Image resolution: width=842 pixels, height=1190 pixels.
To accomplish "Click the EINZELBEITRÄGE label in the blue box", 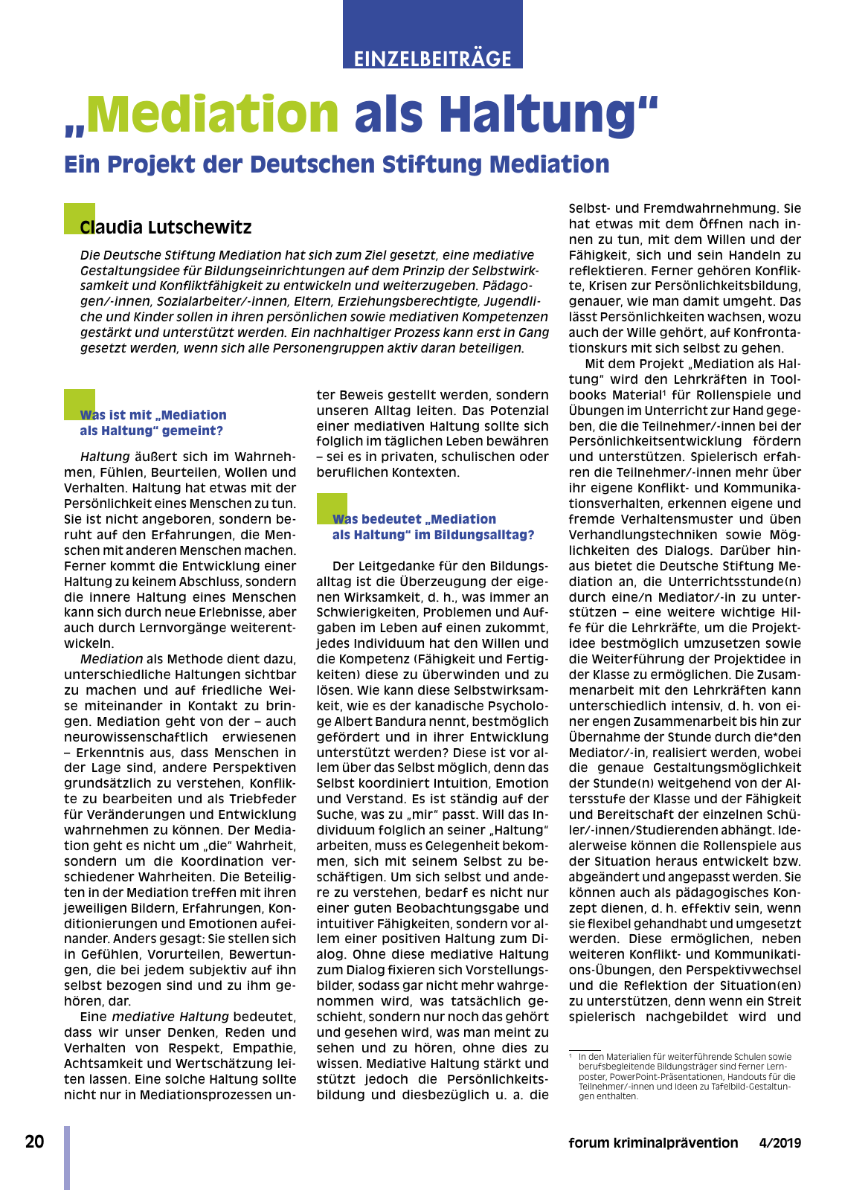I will (432, 58).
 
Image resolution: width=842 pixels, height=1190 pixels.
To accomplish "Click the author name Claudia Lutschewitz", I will (166, 228).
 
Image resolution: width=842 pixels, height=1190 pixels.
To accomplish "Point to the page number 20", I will (34, 1142).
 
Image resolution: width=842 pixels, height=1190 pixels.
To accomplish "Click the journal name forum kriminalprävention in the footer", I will (652, 1143).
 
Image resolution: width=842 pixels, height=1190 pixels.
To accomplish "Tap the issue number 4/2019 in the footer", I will (780, 1143).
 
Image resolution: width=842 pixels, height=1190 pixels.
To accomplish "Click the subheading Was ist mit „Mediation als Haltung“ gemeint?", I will (152, 422).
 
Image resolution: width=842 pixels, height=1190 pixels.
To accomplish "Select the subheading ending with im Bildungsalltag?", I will (432, 527).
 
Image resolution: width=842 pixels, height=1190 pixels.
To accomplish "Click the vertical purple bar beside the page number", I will (67, 1157).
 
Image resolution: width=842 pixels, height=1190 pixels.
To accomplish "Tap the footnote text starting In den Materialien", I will (684, 1076).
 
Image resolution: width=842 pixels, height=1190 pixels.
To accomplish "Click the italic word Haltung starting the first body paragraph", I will (105, 457).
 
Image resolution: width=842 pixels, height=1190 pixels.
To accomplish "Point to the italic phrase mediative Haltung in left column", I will (170, 1017).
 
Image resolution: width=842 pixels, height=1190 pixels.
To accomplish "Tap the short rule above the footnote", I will (585, 1050).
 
